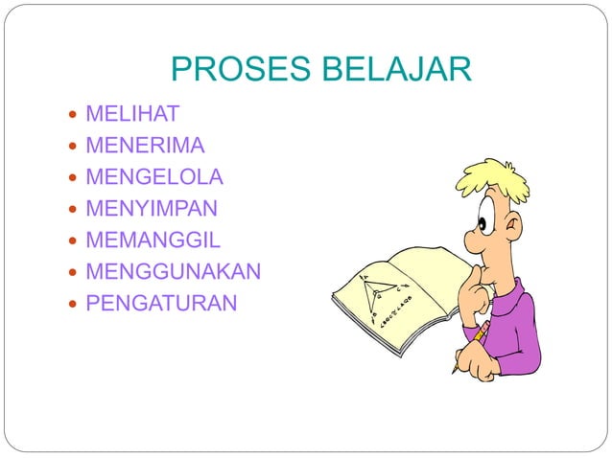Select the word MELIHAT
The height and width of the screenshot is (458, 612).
pyautogui.click(x=132, y=114)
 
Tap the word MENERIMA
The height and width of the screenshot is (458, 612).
pyautogui.click(x=145, y=146)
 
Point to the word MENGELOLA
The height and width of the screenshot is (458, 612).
pyautogui.click(x=154, y=177)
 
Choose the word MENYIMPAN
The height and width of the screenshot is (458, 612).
pyautogui.click(x=152, y=208)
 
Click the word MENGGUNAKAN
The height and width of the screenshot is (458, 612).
pyautogui.click(x=173, y=271)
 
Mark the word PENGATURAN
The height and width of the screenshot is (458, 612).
pyautogui.click(x=161, y=303)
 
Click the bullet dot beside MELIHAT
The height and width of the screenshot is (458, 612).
pyautogui.click(x=75, y=115)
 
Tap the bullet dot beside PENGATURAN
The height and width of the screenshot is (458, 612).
pyautogui.click(x=75, y=304)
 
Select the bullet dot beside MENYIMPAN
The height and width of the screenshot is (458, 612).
pyautogui.click(x=75, y=209)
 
